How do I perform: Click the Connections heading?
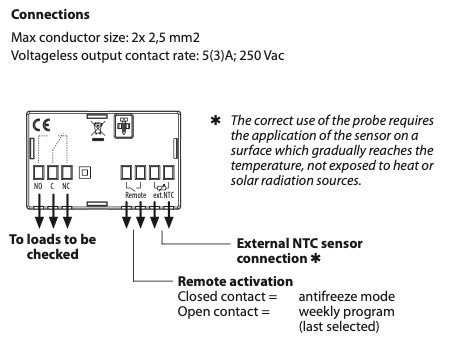(50, 15)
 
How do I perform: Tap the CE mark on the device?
(41, 125)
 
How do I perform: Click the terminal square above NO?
(39, 172)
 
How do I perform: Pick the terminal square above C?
(53, 172)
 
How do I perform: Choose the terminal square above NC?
(67, 172)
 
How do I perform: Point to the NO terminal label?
(38, 186)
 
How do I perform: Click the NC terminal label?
(66, 186)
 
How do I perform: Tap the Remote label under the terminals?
(136, 195)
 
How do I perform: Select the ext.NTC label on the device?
(163, 195)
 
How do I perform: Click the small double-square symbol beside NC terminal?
(85, 172)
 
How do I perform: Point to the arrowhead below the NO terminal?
(39, 222)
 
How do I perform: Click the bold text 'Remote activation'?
(235, 281)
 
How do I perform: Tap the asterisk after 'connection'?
(315, 258)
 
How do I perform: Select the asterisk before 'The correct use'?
(216, 120)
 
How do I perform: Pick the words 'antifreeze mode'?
(347, 296)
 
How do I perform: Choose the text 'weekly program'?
(347, 312)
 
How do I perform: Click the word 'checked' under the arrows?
(53, 254)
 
